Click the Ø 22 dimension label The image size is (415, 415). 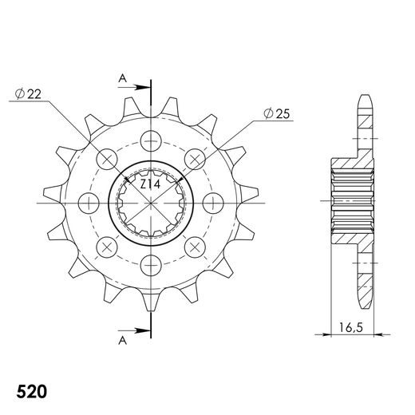tap(27, 93)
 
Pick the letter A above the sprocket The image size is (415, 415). tap(121, 77)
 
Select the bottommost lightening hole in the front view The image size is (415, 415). tap(149, 263)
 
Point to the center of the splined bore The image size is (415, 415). tap(149, 203)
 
